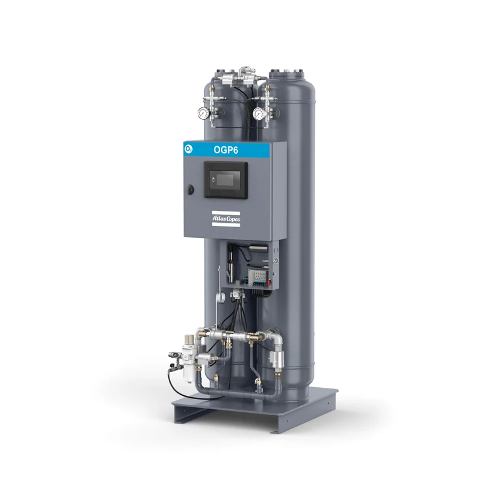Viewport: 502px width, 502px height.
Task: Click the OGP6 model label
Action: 226,150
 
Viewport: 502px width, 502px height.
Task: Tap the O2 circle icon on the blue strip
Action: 189,149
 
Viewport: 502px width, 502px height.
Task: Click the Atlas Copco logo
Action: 226,219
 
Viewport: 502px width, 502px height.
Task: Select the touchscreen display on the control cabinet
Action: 226,179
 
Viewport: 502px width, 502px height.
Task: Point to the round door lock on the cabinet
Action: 191,190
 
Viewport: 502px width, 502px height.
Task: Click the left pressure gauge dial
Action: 203,113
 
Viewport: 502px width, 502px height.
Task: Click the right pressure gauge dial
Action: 259,114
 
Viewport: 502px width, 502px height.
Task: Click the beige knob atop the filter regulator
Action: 189,339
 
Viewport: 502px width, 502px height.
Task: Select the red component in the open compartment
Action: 269,282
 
